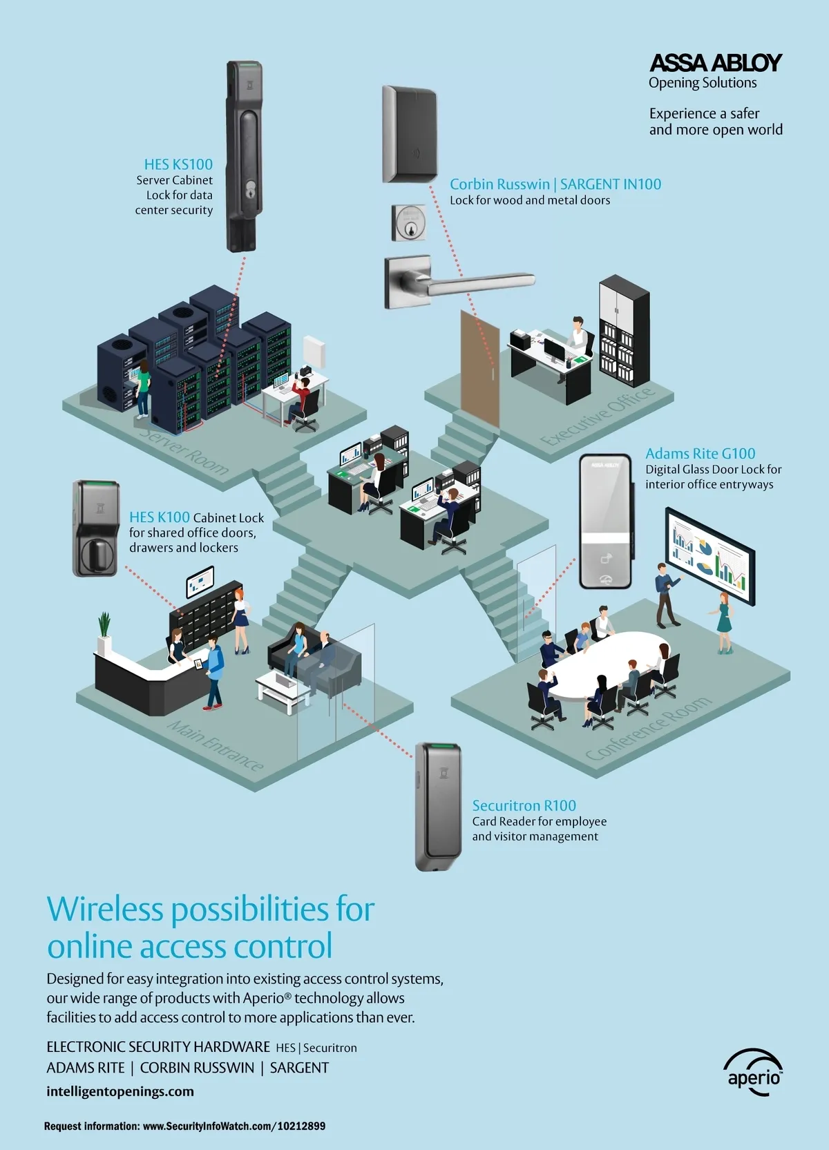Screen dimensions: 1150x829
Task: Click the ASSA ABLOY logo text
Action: [716, 64]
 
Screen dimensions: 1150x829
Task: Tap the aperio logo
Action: [754, 1074]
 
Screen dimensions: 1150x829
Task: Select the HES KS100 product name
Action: [178, 164]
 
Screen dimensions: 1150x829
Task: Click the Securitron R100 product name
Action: [524, 805]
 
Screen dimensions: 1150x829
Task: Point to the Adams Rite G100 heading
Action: [700, 454]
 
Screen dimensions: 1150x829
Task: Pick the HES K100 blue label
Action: [159, 517]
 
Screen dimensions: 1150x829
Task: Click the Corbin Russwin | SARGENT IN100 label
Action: [555, 184]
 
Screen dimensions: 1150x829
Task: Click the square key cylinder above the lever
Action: [408, 222]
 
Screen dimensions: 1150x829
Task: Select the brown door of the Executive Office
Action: [479, 369]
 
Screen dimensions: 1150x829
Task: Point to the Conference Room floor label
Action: [647, 729]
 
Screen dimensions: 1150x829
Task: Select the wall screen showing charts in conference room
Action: [709, 556]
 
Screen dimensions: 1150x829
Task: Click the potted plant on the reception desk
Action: [104, 632]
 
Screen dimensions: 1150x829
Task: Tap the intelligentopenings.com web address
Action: [120, 1091]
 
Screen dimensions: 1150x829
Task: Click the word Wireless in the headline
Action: [105, 909]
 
